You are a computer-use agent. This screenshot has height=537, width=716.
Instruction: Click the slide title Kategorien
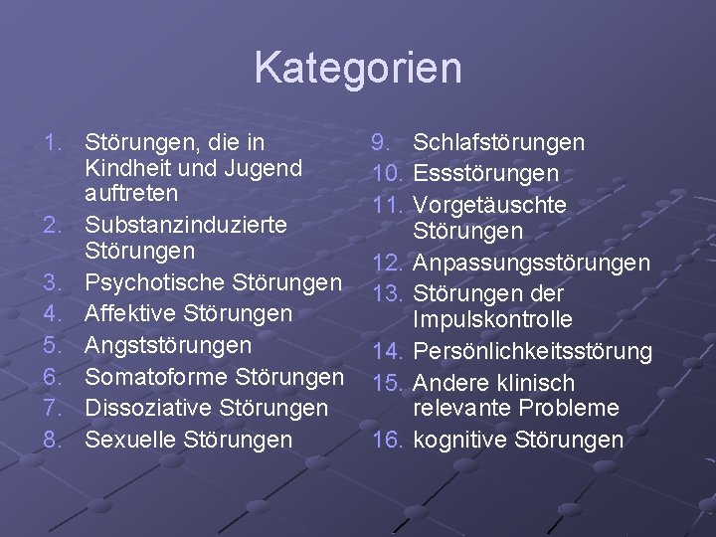[358, 68]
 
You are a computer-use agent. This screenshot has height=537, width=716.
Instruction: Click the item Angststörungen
[168, 345]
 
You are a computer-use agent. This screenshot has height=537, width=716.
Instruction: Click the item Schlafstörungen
[498, 143]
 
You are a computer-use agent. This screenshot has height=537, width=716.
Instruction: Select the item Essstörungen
[485, 174]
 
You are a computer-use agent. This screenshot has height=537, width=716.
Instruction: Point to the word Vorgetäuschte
[489, 205]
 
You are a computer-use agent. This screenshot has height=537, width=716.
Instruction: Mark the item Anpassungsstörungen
[531, 264]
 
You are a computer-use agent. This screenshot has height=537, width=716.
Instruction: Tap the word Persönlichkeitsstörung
[532, 351]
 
